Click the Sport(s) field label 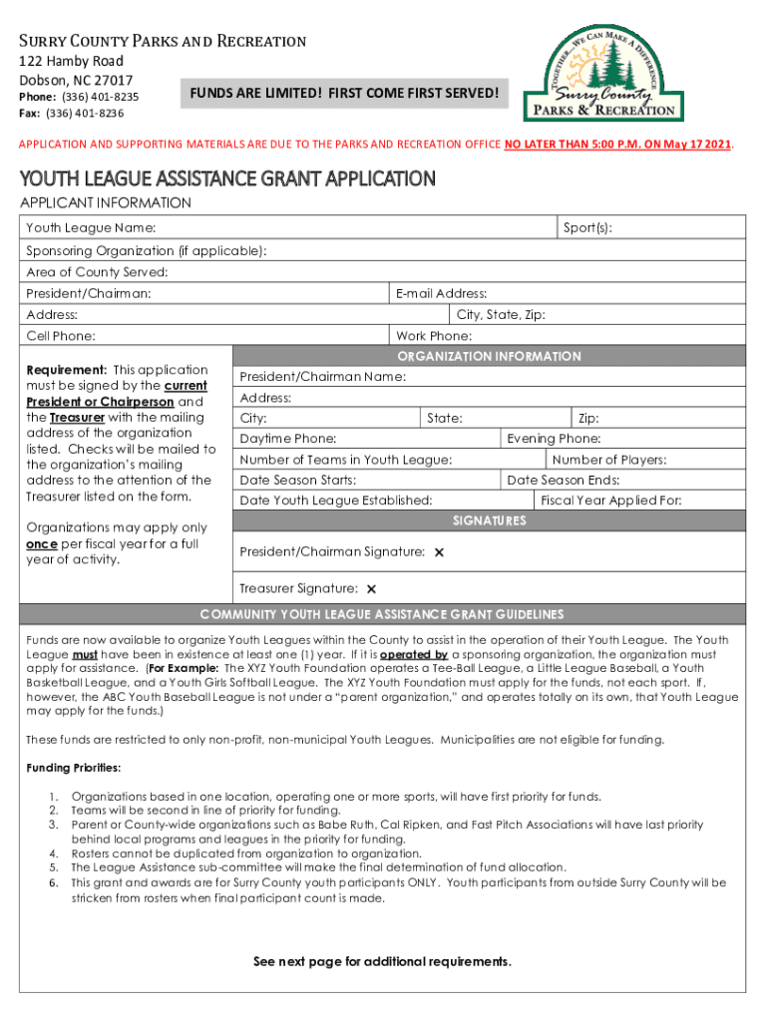pyautogui.click(x=587, y=229)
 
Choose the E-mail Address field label pyautogui.click(x=441, y=293)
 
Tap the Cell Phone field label pyautogui.click(x=61, y=336)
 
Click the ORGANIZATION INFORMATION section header pyautogui.click(x=489, y=356)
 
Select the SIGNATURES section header pyautogui.click(x=489, y=520)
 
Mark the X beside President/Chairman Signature pyautogui.click(x=439, y=552)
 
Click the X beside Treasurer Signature pyautogui.click(x=371, y=589)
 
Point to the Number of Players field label pyautogui.click(x=609, y=460)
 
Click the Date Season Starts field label pyautogui.click(x=298, y=481)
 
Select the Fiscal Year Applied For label pyautogui.click(x=610, y=501)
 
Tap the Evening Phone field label pyautogui.click(x=554, y=439)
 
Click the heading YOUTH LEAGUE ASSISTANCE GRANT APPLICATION pyautogui.click(x=228, y=179)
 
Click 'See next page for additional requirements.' pyautogui.click(x=383, y=962)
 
